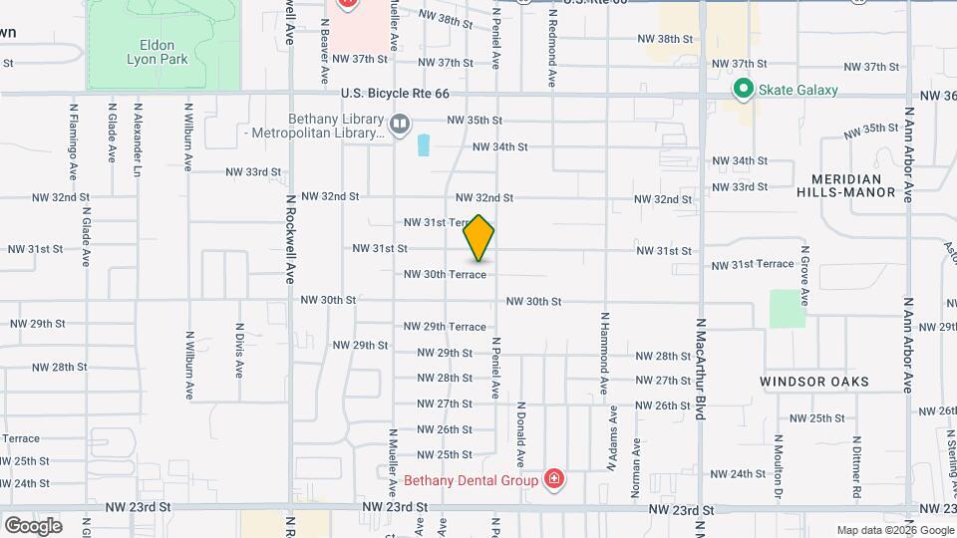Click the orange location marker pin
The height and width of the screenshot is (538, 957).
(x=479, y=237)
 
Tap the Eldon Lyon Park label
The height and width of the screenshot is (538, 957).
(x=151, y=52)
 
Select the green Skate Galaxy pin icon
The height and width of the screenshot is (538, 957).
(x=743, y=90)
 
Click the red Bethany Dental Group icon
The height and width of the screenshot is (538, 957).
(x=554, y=480)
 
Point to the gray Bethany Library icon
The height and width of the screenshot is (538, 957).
(x=399, y=124)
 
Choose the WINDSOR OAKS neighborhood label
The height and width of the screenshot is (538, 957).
(x=814, y=382)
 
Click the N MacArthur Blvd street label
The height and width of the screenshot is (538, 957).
(x=701, y=370)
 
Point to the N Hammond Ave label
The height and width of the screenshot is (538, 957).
(x=604, y=351)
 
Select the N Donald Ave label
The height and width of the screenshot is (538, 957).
(x=520, y=435)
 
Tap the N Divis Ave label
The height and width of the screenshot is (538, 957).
(x=239, y=350)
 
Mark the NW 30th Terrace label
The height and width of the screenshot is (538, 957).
(x=445, y=274)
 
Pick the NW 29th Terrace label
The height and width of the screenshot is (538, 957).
(x=445, y=327)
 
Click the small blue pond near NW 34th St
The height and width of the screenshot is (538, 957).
(x=424, y=145)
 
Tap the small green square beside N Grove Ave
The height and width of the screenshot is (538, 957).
(x=787, y=308)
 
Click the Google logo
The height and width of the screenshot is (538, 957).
(x=33, y=525)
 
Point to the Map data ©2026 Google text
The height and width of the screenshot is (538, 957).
(x=895, y=530)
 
